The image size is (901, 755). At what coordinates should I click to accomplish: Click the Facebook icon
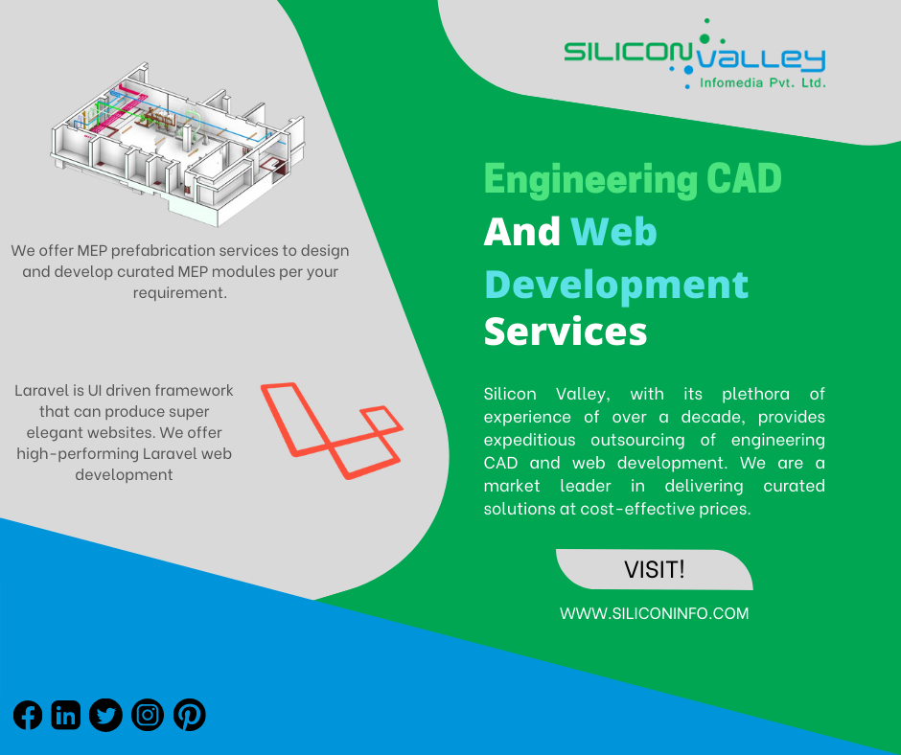pyautogui.click(x=28, y=716)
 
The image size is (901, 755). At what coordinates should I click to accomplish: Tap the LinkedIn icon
pyautogui.click(x=65, y=716)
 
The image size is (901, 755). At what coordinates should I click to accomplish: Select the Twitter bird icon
pyautogui.click(x=105, y=716)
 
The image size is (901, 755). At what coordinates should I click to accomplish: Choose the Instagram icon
pyautogui.click(x=148, y=716)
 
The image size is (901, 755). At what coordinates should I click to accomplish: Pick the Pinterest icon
pyautogui.click(x=190, y=716)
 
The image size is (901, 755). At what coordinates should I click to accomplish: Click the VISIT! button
pyautogui.click(x=655, y=569)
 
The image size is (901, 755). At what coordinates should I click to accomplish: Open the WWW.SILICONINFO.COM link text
pyautogui.click(x=654, y=613)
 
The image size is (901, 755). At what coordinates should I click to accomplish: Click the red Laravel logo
pyautogui.click(x=332, y=430)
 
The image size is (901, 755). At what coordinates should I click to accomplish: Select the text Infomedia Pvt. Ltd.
pyautogui.click(x=763, y=83)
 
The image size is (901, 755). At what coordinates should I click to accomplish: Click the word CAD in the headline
pyautogui.click(x=744, y=179)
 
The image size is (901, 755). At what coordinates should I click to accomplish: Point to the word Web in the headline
pyautogui.click(x=613, y=232)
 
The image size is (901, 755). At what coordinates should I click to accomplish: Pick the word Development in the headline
pyautogui.click(x=616, y=285)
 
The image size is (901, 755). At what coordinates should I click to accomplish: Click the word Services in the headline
pyautogui.click(x=566, y=332)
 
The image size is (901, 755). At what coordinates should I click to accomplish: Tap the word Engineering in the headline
pyautogui.click(x=590, y=180)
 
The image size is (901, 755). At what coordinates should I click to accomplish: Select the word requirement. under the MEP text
pyautogui.click(x=180, y=293)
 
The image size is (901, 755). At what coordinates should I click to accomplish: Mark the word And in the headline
pyautogui.click(x=521, y=232)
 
